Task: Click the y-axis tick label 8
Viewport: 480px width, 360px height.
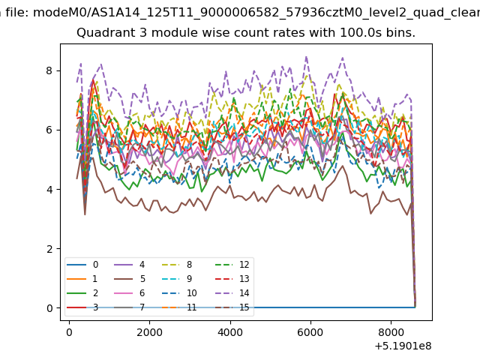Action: tap(49, 70)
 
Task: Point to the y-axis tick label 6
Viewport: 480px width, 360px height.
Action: tap(49, 130)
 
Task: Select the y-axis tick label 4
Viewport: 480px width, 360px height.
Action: tap(49, 190)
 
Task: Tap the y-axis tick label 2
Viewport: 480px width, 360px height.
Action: tap(49, 249)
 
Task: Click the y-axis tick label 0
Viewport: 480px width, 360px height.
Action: tap(49, 308)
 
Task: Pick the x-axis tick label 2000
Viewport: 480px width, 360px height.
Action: tap(149, 332)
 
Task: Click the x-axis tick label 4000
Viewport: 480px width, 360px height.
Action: tap(230, 332)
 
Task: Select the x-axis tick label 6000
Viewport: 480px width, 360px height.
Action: tap(310, 332)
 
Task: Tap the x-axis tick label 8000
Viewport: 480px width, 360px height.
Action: tap(391, 332)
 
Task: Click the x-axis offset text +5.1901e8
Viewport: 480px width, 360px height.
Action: tap(403, 346)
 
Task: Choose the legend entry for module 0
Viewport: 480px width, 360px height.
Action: tap(82, 265)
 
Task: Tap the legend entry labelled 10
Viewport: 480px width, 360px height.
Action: tap(179, 293)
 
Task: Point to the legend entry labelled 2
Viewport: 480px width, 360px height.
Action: tap(82, 293)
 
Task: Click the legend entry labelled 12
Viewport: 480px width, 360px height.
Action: tap(232, 265)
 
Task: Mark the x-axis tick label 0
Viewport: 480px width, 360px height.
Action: tap(69, 332)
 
